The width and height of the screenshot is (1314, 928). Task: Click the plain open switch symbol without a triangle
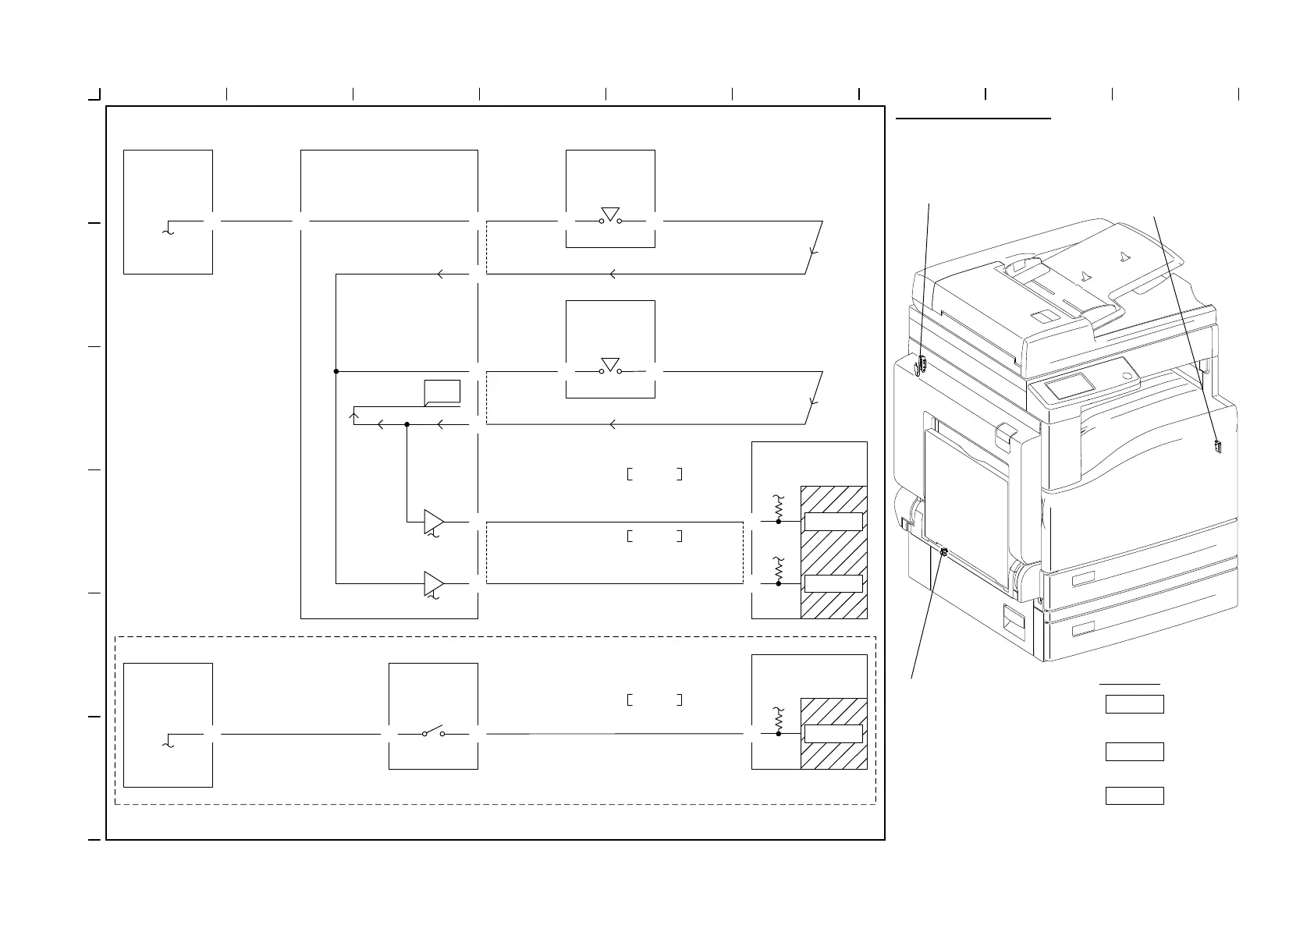coord(433,733)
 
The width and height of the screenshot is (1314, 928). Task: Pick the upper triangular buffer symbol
coord(434,521)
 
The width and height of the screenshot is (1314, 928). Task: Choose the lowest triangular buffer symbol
coord(434,583)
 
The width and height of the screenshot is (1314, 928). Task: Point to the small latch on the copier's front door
coord(1217,446)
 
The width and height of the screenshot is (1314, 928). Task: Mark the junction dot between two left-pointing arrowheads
coord(407,424)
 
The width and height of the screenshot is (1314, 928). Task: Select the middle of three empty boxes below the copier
coord(1135,752)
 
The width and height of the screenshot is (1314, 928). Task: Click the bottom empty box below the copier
coord(1135,795)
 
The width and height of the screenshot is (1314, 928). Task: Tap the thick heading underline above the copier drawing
coord(974,119)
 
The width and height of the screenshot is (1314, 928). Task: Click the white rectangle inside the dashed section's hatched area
coord(833,734)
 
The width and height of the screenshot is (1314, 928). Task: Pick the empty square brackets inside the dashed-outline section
coord(655,700)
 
